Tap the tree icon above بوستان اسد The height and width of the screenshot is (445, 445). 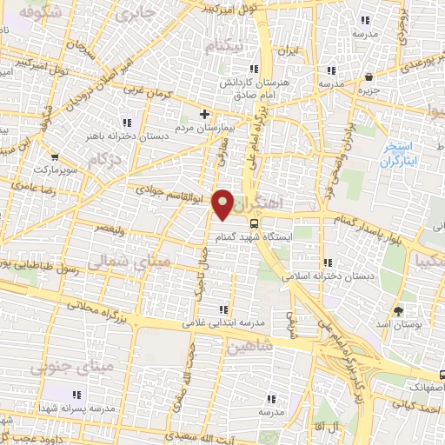[399, 310]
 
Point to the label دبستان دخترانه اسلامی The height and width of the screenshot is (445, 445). [328, 276]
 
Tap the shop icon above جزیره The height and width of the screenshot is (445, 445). [369, 76]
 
